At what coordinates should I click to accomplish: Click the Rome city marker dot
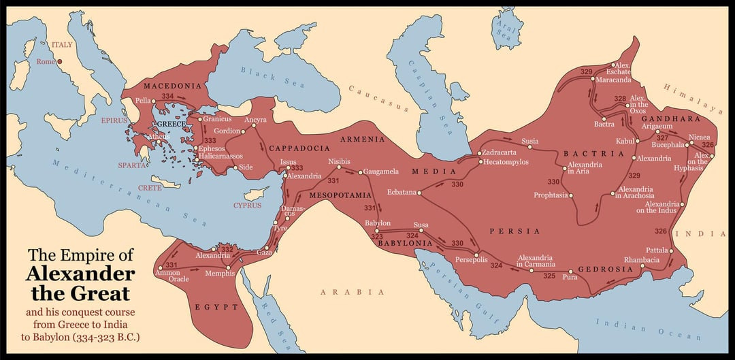coord(59,62)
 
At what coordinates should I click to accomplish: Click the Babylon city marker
coord(377,231)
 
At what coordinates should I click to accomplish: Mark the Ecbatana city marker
coord(419,193)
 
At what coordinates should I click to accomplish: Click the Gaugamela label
coord(381,171)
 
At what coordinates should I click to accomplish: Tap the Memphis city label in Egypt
coord(219,274)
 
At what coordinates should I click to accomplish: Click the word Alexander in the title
coord(80,274)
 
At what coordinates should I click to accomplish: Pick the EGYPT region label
coord(216,307)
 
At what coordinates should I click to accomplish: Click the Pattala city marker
coord(670,251)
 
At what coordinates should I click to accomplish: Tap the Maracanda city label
coord(614,80)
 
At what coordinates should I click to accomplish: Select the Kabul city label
coord(624,141)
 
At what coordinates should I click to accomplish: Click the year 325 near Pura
coord(549,276)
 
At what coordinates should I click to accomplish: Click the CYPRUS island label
coord(247,205)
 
